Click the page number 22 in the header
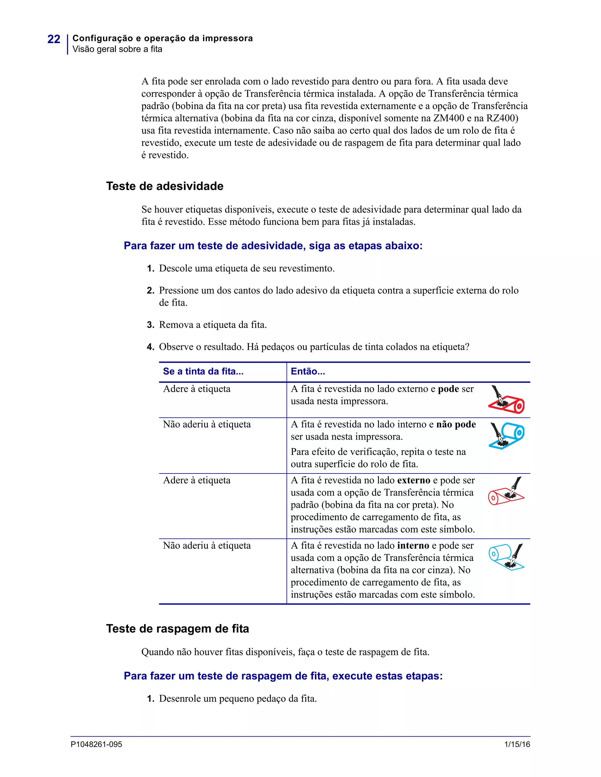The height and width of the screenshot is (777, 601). pos(54,39)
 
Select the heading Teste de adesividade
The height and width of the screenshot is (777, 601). pos(165,186)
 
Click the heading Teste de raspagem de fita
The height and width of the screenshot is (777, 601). pos(177,629)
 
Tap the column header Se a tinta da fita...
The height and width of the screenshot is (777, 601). pos(203,371)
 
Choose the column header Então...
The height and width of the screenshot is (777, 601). pos(308,371)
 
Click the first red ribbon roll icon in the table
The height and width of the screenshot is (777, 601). pos(506,400)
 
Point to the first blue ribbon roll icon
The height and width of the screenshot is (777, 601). pos(506,435)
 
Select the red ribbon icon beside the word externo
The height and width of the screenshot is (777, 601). pos(506,491)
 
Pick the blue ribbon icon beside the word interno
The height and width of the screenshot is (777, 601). pos(506,557)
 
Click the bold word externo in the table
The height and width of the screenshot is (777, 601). pos(413,480)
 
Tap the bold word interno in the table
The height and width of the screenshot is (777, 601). pos(413,546)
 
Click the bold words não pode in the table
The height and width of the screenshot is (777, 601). pos(456,425)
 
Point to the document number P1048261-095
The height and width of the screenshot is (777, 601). pos(96,744)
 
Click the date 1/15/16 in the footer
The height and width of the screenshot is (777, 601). pos(517,744)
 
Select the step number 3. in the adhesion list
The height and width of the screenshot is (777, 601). pos(150,325)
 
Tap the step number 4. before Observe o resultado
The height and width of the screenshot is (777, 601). pos(150,347)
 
